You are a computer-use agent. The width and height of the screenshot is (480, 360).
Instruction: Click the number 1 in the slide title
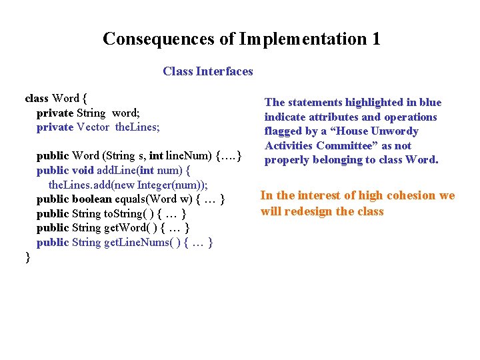click(x=375, y=39)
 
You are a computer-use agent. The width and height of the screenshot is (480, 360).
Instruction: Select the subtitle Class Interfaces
click(x=207, y=71)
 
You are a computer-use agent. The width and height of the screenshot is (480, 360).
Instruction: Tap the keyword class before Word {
click(x=36, y=98)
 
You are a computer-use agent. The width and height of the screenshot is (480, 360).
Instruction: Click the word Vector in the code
click(x=93, y=127)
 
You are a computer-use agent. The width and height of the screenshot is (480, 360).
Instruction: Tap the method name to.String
click(x=125, y=214)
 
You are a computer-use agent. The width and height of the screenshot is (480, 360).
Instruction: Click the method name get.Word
click(x=127, y=228)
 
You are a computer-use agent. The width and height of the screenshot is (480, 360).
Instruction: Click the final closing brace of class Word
click(x=27, y=257)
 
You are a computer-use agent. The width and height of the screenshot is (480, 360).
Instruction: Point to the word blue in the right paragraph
click(x=430, y=102)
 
